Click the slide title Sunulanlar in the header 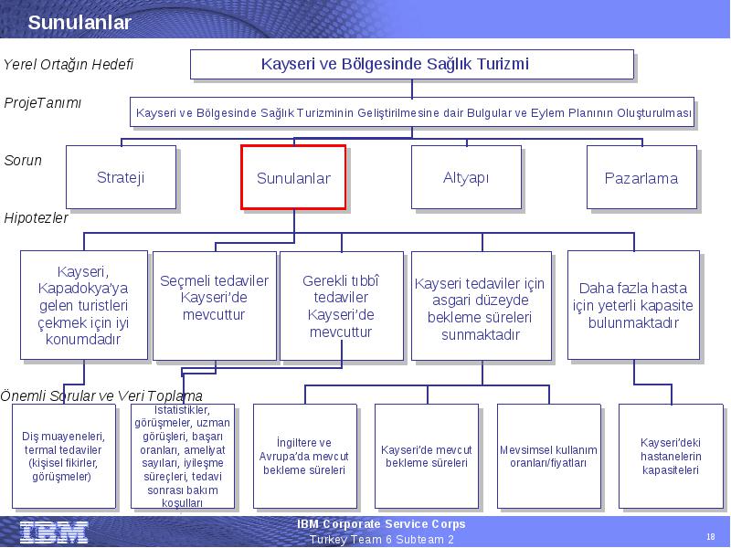click(x=79, y=22)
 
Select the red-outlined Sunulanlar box click(x=293, y=177)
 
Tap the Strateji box click(x=121, y=177)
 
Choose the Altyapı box click(x=466, y=177)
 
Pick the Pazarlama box click(x=641, y=177)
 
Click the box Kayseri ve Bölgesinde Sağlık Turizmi click(x=412, y=64)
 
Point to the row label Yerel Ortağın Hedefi click(x=69, y=64)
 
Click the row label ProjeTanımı click(x=42, y=102)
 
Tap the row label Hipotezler click(x=36, y=217)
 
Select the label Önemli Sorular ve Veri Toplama click(x=101, y=396)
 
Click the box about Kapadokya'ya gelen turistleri click(x=84, y=305)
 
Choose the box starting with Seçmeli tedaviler click(x=215, y=306)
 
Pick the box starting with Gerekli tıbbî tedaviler click(x=341, y=306)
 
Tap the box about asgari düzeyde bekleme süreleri click(x=482, y=306)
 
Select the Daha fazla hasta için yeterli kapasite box click(x=633, y=305)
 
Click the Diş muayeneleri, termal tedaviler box click(x=64, y=456)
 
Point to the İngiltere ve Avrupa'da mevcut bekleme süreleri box click(x=305, y=456)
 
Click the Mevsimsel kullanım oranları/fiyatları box click(x=549, y=456)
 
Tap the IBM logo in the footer click(x=54, y=532)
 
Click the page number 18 click(x=711, y=536)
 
